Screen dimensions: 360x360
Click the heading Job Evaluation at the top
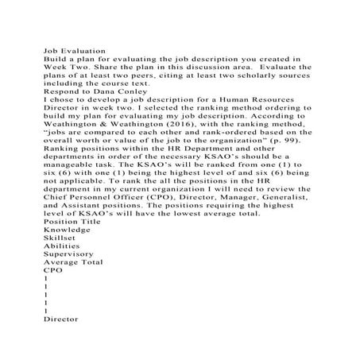pos(72,48)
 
